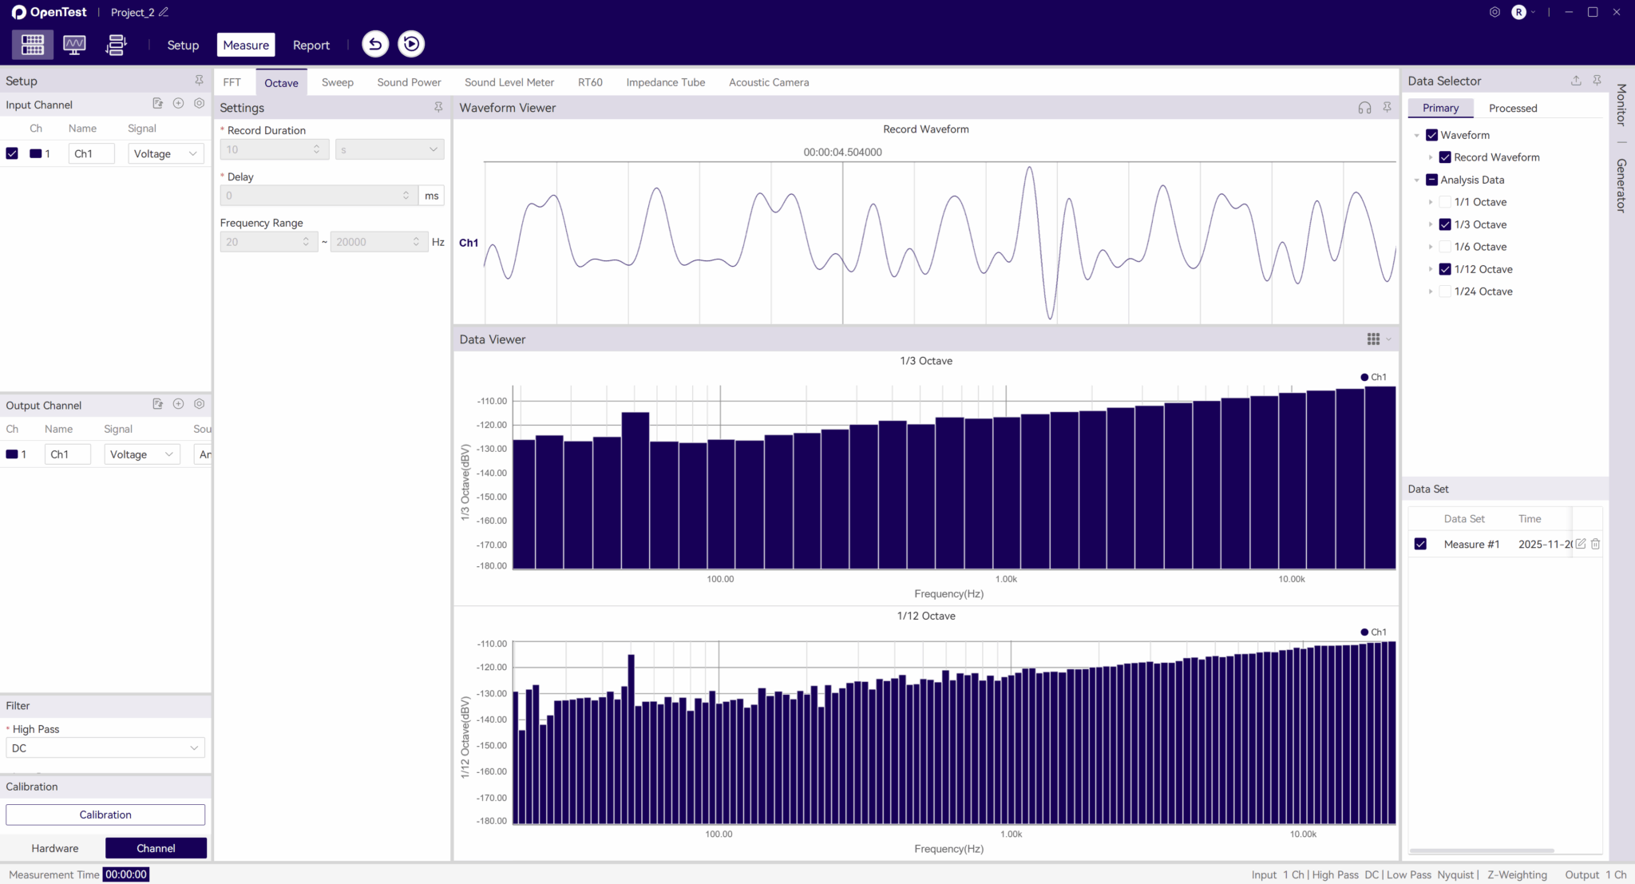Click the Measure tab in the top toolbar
(246, 45)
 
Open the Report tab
(311, 45)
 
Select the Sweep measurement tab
(337, 82)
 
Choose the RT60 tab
(590, 82)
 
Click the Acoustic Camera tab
(768, 82)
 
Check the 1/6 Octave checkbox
(1445, 247)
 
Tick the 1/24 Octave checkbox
(1445, 291)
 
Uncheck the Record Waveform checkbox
(1445, 157)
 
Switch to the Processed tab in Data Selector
(1512, 108)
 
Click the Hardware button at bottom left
(55, 848)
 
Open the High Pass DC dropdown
(105, 748)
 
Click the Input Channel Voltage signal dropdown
(165, 153)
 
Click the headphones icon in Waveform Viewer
(1364, 108)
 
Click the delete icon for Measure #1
(1595, 544)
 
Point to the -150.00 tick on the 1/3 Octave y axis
(492, 497)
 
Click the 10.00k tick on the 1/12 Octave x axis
(1303, 834)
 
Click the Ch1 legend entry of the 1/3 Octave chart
(1373, 377)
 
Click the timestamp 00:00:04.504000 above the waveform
(842, 152)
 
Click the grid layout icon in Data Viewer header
(1373, 339)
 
